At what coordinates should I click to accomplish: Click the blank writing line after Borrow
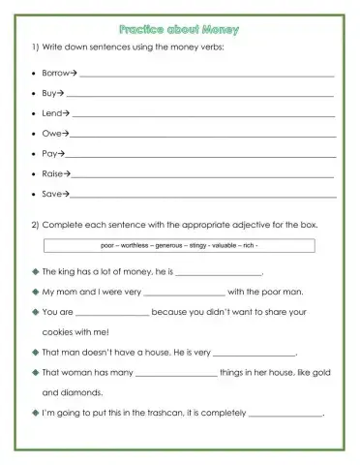click(x=207, y=75)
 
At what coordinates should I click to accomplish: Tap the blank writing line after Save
click(x=204, y=197)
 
